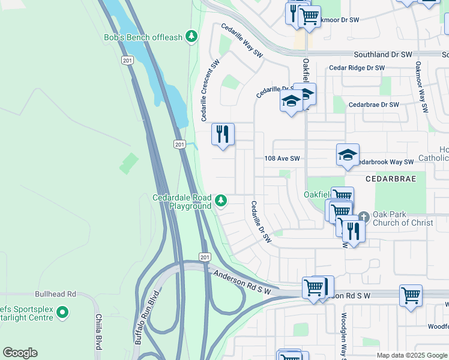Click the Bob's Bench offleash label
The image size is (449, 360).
(x=142, y=37)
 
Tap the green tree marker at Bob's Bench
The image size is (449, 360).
(x=191, y=37)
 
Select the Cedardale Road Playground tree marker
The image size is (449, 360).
(x=221, y=200)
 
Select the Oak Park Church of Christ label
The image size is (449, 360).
(x=403, y=219)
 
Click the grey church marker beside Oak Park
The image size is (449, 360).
(x=364, y=216)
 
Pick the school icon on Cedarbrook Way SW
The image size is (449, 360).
(x=348, y=155)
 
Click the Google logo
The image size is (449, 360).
(x=20, y=353)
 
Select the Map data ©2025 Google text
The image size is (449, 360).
(x=411, y=355)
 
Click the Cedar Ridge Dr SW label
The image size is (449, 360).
(x=357, y=68)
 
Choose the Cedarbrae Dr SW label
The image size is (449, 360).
(x=373, y=104)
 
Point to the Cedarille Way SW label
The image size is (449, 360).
(x=243, y=41)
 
